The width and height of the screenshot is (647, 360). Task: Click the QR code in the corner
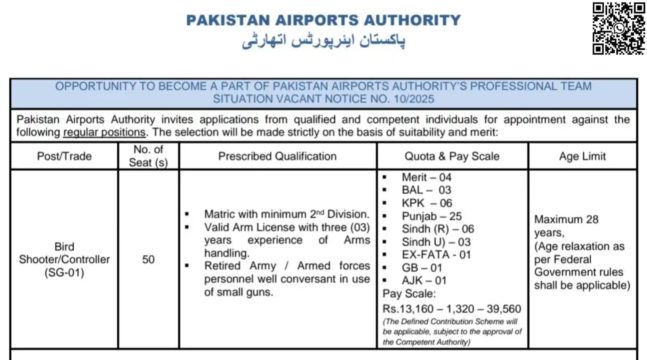pyautogui.click(x=619, y=28)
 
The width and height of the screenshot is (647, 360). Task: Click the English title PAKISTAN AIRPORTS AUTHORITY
pyautogui.click(x=323, y=20)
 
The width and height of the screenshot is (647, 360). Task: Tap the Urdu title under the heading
pyautogui.click(x=323, y=41)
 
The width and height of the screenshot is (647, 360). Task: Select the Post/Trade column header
pyautogui.click(x=64, y=156)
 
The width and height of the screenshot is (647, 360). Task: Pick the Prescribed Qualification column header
pyautogui.click(x=277, y=156)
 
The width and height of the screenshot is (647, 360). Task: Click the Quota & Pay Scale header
pyautogui.click(x=452, y=156)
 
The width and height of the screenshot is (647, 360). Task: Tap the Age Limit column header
pyautogui.click(x=582, y=156)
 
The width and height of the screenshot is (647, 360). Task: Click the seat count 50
pyautogui.click(x=148, y=259)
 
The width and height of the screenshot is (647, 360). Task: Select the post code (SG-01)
pyautogui.click(x=64, y=272)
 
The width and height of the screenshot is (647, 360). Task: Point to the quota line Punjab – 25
pyautogui.click(x=432, y=216)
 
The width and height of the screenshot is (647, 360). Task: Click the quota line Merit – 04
pyautogui.click(x=426, y=177)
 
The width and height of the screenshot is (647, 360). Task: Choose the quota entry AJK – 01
pyautogui.click(x=424, y=280)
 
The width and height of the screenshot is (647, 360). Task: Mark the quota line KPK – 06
pyautogui.click(x=427, y=203)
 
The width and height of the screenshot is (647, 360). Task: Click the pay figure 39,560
pyautogui.click(x=504, y=309)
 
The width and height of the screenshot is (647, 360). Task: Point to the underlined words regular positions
pyautogui.click(x=104, y=132)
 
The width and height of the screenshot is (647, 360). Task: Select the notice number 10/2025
pyautogui.click(x=414, y=99)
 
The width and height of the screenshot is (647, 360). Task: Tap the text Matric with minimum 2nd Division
pyautogui.click(x=286, y=214)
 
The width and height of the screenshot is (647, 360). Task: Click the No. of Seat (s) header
pyautogui.click(x=148, y=156)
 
